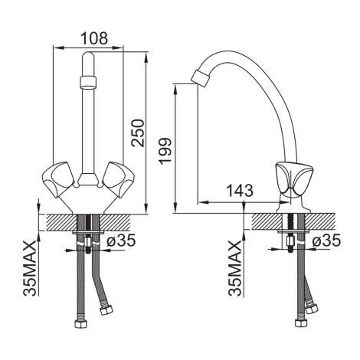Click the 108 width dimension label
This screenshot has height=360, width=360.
tap(94, 38)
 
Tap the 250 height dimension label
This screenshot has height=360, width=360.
tap(138, 133)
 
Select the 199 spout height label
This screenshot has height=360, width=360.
tap(165, 151)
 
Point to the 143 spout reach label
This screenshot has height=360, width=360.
tap(240, 191)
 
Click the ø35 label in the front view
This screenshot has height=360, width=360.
tap(120, 241)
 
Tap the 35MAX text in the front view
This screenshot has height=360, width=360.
tap(29, 268)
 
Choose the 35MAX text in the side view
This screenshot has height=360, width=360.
tap(235, 268)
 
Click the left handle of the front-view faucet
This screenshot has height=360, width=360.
tap(60, 179)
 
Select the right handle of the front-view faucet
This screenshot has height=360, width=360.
tap(117, 179)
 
